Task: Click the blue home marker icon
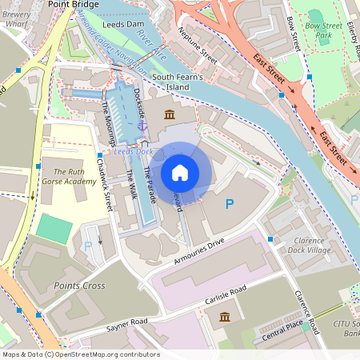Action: coord(180,173)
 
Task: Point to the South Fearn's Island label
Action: coord(182,81)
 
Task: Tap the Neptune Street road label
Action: coord(199,48)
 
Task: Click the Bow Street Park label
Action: coord(324,30)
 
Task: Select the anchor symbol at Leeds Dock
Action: coord(142,126)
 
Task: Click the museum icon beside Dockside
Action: coord(170,115)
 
